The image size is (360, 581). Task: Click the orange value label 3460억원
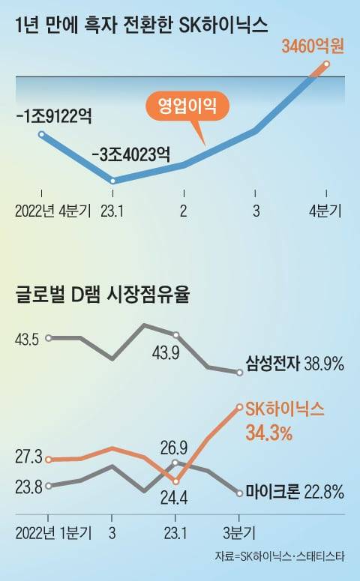click(311, 46)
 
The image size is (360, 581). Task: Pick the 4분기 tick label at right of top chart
click(325, 211)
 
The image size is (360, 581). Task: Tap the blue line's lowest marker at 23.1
click(112, 181)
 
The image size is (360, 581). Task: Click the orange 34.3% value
click(268, 433)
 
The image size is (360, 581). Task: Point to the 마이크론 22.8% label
click(294, 493)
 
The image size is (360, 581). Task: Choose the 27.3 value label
click(27, 457)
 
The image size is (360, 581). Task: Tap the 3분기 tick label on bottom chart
click(238, 533)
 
